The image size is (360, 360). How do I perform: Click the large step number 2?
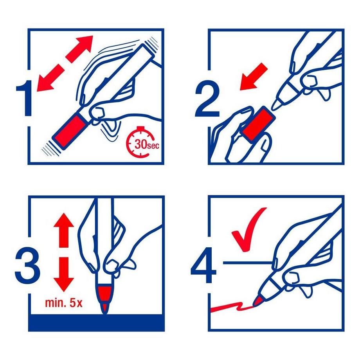pos(207,98)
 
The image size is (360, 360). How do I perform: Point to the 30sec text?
pos(147,144)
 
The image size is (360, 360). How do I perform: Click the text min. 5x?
pos(64,303)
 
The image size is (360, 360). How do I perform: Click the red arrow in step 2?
pos(253,77)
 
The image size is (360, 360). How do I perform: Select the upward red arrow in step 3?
pos(64,230)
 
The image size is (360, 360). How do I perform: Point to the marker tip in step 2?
pos(276,104)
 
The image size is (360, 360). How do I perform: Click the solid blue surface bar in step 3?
pos(96,322)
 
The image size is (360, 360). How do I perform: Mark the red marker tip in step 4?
pos(257,301)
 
